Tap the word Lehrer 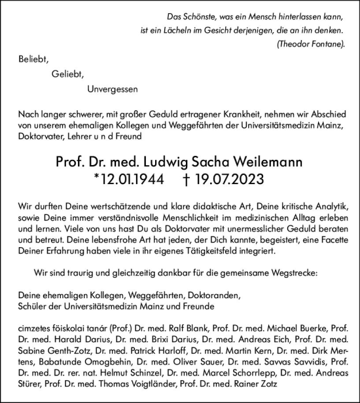(84, 136)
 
